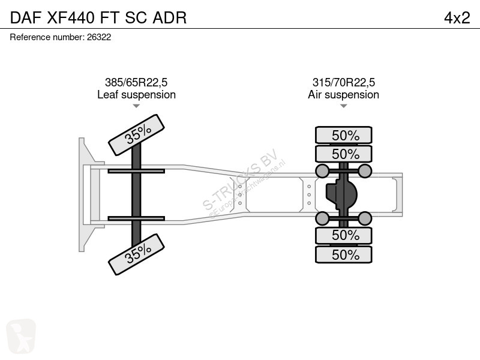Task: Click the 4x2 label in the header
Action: pos(457,18)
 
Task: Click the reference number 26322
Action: pos(99,37)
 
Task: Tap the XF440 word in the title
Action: pos(71,17)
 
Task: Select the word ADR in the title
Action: pos(170,17)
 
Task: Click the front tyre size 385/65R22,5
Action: pos(136,82)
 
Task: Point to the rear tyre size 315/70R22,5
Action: pos(343,82)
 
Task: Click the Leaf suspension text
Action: pos(137,95)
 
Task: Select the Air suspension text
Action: pos(343,95)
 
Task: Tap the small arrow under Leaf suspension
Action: pos(136,106)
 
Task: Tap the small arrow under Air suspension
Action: pos(343,106)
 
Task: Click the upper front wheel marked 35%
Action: pos(137,135)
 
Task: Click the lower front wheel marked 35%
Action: pos(137,254)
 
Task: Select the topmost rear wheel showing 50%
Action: pos(344,135)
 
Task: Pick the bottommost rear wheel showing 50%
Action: pos(344,254)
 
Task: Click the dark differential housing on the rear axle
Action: pos(341,194)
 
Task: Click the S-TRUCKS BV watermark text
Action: pos(241,179)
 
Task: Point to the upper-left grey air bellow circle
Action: pos(322,171)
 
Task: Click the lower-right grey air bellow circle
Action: pos(365,218)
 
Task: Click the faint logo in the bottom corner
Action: pos(21,337)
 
